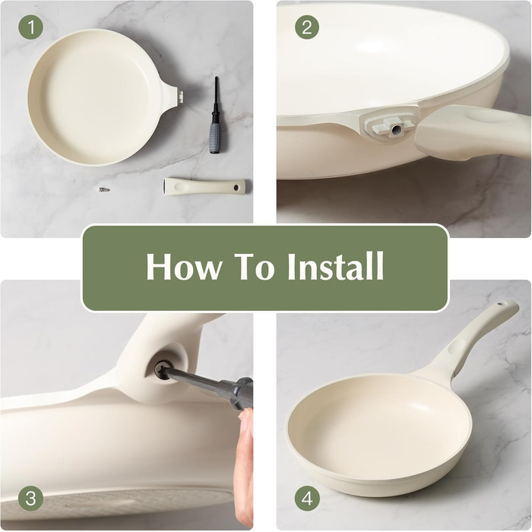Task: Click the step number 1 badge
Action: (x=31, y=27)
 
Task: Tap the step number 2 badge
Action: (x=307, y=27)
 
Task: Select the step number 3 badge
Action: (x=31, y=499)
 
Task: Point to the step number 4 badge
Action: (x=307, y=499)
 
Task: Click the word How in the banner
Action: (x=183, y=266)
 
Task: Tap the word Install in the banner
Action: (x=336, y=266)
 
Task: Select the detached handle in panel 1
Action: (x=204, y=185)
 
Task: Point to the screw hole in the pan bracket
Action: (x=396, y=129)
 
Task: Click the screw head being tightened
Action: (x=161, y=369)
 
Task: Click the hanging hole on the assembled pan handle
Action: (x=502, y=305)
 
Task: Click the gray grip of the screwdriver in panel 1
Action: (x=214, y=138)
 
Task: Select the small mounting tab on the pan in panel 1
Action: (x=181, y=95)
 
